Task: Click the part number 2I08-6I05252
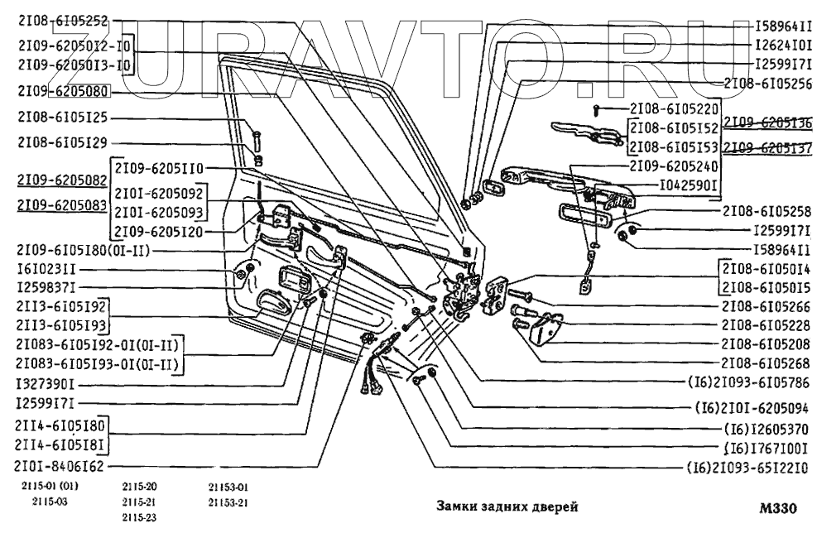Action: point(63,22)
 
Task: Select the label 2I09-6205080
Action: point(63,92)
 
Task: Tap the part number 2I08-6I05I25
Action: point(63,118)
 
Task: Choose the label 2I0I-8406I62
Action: point(60,466)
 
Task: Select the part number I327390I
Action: point(46,386)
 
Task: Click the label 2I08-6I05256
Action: point(767,83)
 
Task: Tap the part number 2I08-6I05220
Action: point(675,109)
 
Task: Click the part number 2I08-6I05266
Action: point(766,306)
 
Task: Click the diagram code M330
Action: point(778,508)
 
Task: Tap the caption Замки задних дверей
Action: point(507,507)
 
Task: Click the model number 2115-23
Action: point(139,518)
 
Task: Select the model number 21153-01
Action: point(228,487)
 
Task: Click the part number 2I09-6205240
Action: point(675,166)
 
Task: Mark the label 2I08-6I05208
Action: point(766,343)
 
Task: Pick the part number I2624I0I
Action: point(783,45)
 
